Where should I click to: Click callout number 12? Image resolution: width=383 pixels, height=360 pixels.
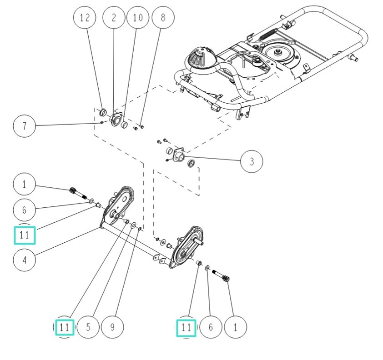point(85,18)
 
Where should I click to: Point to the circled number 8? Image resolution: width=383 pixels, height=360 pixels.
point(162,18)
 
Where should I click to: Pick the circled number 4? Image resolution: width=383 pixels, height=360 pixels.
point(25,260)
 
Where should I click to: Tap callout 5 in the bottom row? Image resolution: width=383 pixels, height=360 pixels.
point(89,326)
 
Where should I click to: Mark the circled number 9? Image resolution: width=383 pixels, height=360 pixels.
point(112,326)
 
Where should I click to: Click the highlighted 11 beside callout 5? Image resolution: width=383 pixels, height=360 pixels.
point(65,326)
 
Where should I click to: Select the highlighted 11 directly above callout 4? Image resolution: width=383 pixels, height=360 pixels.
point(25,235)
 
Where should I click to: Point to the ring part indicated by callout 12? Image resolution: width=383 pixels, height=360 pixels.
point(103,112)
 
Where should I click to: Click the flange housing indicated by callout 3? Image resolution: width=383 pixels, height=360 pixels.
point(178,154)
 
